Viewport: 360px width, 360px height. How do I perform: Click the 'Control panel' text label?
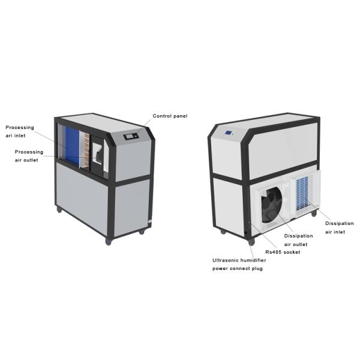coord(170,116)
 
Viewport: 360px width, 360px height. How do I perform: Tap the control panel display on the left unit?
coord(131,137)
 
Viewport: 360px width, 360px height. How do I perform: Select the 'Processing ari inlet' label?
coord(20,131)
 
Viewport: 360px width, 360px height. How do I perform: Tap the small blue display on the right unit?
coord(229,133)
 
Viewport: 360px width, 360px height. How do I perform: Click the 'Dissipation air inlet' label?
coord(339,227)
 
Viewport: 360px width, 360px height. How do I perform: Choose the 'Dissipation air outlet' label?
coord(298,240)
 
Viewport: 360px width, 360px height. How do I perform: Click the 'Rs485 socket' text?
coord(284,252)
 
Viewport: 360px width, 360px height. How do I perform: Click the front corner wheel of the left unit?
coord(109,241)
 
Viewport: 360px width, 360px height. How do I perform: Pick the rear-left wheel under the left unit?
coord(59,210)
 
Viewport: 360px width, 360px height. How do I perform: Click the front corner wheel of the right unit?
coord(250,243)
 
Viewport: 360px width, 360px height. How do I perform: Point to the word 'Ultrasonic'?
coord(226,260)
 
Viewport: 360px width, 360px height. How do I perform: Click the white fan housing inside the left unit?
coord(101,154)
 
